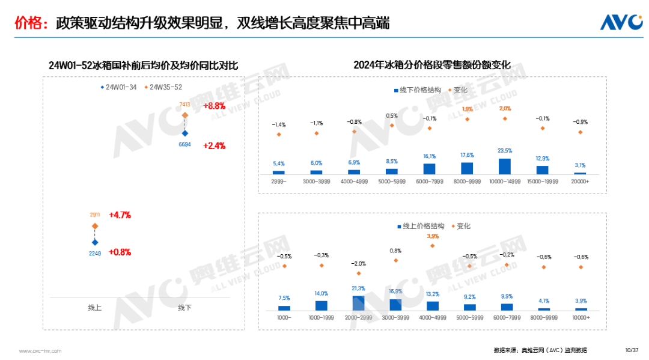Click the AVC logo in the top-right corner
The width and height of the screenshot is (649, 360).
pyautogui.click(x=621, y=22)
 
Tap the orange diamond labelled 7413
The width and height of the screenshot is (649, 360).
pyautogui.click(x=185, y=115)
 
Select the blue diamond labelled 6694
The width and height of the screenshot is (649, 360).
pyautogui.click(x=185, y=133)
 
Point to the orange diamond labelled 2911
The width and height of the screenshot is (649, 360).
pyautogui.click(x=95, y=226)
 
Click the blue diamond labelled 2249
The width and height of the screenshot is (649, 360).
pyautogui.click(x=95, y=242)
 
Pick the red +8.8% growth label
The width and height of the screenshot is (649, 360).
pyautogui.click(x=214, y=106)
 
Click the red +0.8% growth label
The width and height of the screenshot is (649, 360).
pyautogui.click(x=120, y=252)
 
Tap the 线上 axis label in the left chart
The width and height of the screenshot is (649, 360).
pyautogui.click(x=95, y=308)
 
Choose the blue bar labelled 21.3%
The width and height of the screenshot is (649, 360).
pyautogui.click(x=358, y=303)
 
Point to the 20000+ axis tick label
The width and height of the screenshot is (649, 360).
pyautogui.click(x=580, y=181)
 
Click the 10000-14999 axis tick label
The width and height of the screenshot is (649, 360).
pyautogui.click(x=505, y=181)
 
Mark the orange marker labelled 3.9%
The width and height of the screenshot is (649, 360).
pyautogui.click(x=433, y=245)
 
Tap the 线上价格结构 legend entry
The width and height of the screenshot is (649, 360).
pyautogui.click(x=420, y=227)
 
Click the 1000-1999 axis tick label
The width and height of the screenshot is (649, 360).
pyautogui.click(x=321, y=317)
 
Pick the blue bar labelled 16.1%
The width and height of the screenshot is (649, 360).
pyautogui.click(x=429, y=169)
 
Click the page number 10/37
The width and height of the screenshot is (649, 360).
pyautogui.click(x=631, y=350)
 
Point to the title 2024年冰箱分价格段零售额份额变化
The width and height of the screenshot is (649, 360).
pyautogui.click(x=431, y=65)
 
